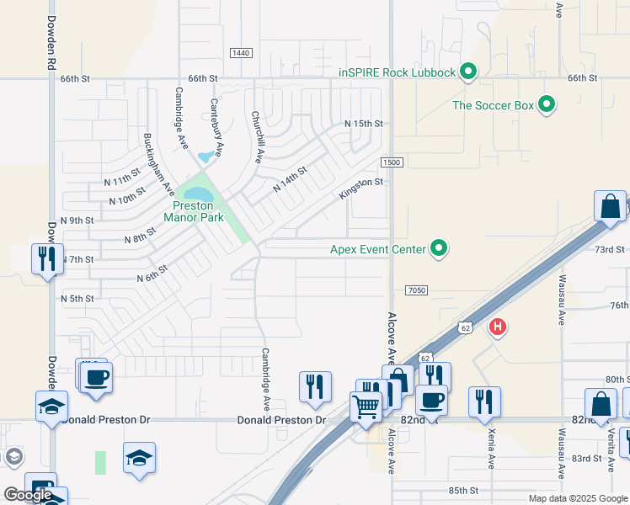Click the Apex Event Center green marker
tap(438, 248)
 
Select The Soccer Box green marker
tap(547, 105)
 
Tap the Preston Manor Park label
tap(199, 211)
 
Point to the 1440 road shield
tap(241, 53)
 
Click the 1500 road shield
tap(391, 162)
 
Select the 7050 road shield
tap(416, 290)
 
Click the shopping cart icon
tap(366, 407)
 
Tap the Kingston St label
tap(361, 188)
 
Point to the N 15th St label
tap(363, 123)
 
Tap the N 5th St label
tap(77, 299)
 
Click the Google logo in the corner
tap(29, 495)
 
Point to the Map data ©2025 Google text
tap(578, 498)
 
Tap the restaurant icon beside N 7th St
tap(45, 258)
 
